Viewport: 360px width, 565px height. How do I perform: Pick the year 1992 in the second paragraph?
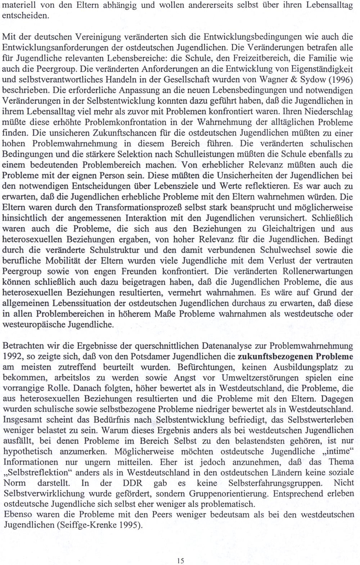[x=12, y=357]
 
